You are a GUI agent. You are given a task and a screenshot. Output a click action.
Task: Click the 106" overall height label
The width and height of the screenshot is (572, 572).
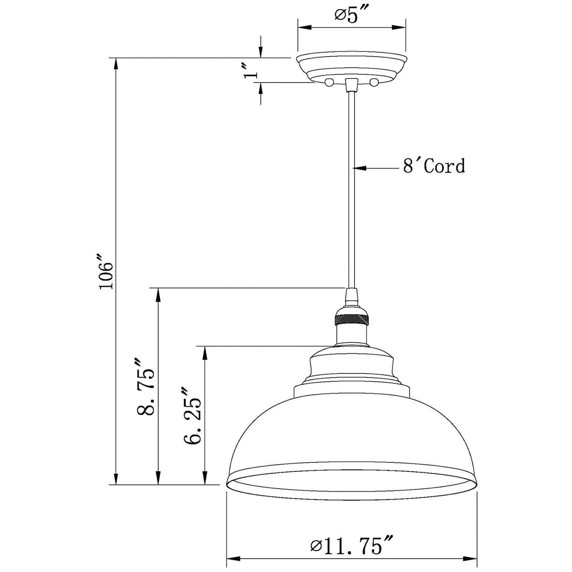[x=105, y=275]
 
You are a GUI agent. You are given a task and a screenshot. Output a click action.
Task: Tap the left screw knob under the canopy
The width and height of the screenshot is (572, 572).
[x=328, y=83]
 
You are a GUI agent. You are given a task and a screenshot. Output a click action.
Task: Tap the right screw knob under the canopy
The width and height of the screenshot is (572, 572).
[x=374, y=83]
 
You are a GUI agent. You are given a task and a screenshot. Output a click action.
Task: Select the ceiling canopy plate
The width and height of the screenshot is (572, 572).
[x=351, y=67]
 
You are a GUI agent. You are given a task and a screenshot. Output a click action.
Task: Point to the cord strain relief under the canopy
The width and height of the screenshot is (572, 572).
[x=351, y=85]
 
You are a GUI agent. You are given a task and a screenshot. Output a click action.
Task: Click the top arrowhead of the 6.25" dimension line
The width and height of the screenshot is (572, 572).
[x=205, y=352]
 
